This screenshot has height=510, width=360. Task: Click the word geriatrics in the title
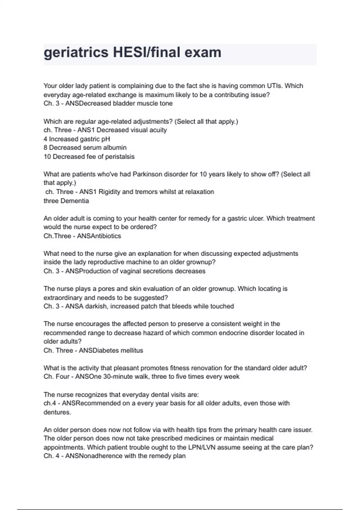76,53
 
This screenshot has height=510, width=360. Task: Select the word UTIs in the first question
274,86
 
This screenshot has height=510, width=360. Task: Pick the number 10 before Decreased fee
47,157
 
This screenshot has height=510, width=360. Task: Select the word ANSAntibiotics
99,236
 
